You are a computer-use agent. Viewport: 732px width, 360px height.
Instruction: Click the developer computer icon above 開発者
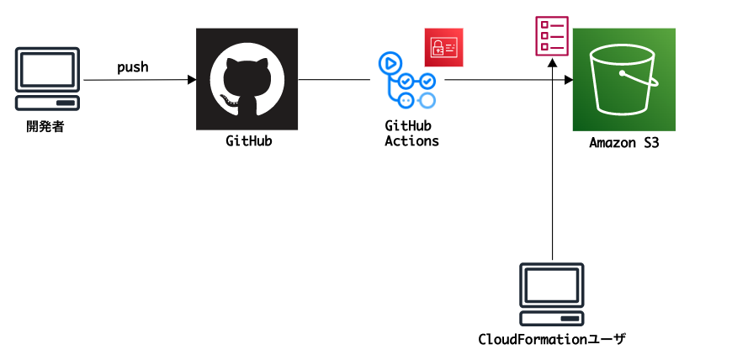click(49, 79)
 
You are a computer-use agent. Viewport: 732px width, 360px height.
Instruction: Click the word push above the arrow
click(133, 66)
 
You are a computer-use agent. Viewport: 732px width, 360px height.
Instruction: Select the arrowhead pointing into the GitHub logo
click(191, 80)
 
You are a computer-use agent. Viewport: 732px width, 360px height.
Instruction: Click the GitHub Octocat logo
click(247, 80)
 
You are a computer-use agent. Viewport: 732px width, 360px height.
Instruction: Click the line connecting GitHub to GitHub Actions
click(334, 80)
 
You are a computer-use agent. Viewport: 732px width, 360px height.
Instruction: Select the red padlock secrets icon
click(443, 48)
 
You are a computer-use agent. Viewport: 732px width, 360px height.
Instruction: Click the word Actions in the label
click(411, 141)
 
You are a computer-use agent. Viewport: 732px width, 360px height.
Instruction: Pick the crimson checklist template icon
click(551, 36)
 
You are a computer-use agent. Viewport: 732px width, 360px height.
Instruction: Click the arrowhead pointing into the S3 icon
click(568, 80)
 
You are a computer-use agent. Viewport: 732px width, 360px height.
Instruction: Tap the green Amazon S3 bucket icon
click(624, 80)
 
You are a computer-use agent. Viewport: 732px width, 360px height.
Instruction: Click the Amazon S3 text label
click(623, 143)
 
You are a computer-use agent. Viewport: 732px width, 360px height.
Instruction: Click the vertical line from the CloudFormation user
click(552, 168)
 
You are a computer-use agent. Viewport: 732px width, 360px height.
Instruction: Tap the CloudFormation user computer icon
click(552, 294)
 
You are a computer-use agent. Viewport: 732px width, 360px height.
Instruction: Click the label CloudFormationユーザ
click(552, 340)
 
